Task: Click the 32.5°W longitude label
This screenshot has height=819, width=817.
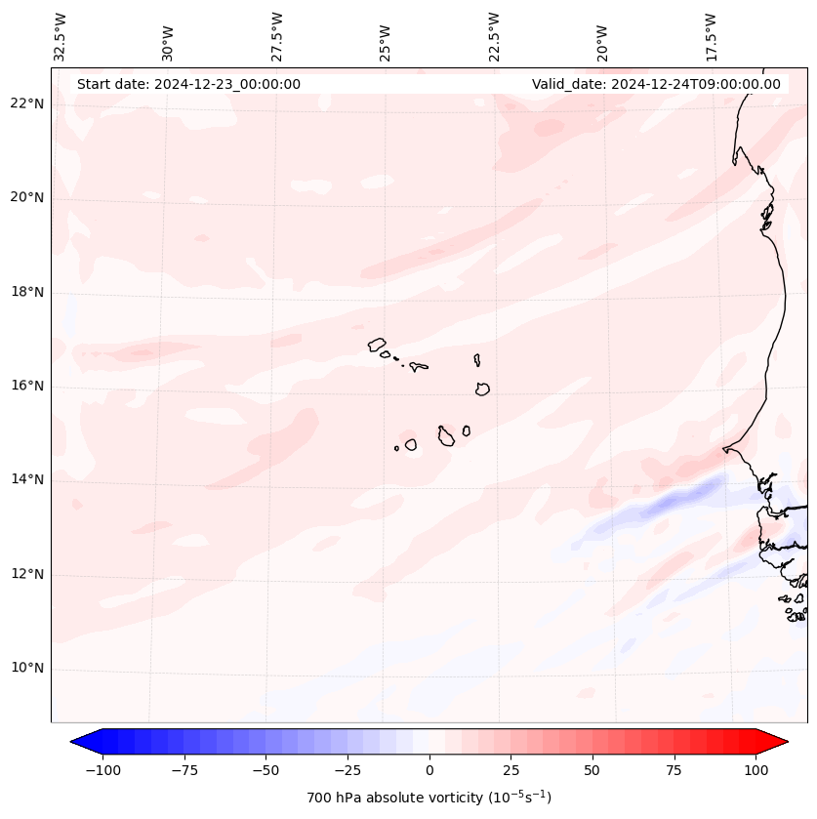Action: pyautogui.click(x=61, y=36)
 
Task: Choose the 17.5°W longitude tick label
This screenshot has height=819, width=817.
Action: pyautogui.click(x=711, y=36)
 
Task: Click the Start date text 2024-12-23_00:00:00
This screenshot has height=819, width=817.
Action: pyautogui.click(x=188, y=84)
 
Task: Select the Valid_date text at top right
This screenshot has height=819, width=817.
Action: pyautogui.click(x=656, y=84)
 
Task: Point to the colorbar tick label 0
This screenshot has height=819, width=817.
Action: pyautogui.click(x=429, y=770)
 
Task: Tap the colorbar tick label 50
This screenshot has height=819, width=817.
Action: pyautogui.click(x=592, y=770)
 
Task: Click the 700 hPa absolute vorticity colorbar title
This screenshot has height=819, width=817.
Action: pyautogui.click(x=429, y=798)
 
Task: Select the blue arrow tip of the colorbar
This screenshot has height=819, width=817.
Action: pyautogui.click(x=79, y=743)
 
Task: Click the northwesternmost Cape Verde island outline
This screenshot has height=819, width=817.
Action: pyautogui.click(x=378, y=344)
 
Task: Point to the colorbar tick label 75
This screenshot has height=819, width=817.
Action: pyautogui.click(x=674, y=770)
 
